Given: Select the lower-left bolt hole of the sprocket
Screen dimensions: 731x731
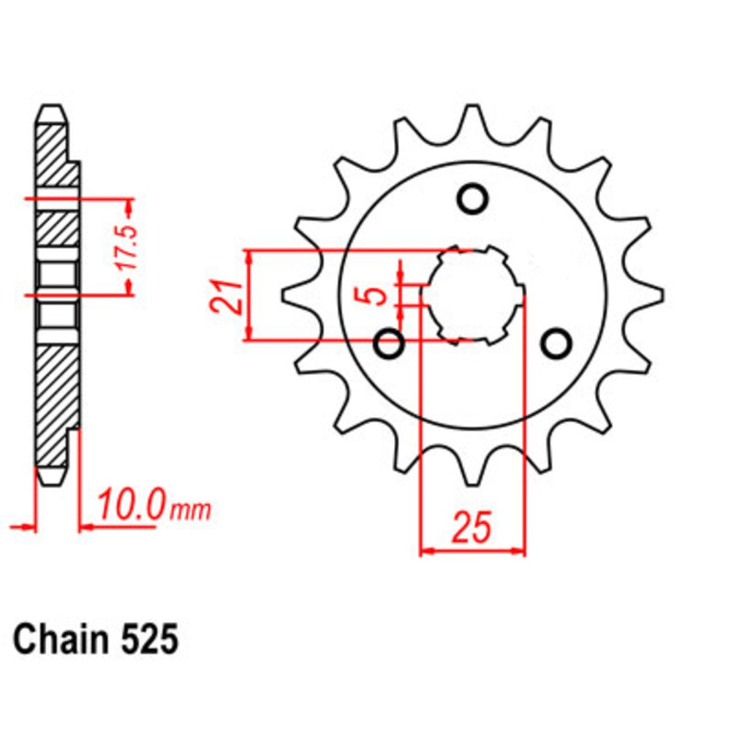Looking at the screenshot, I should [389, 343].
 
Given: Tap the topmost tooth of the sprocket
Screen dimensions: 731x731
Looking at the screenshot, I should [473, 117].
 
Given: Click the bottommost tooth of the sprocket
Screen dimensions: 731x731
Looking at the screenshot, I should [473, 474].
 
